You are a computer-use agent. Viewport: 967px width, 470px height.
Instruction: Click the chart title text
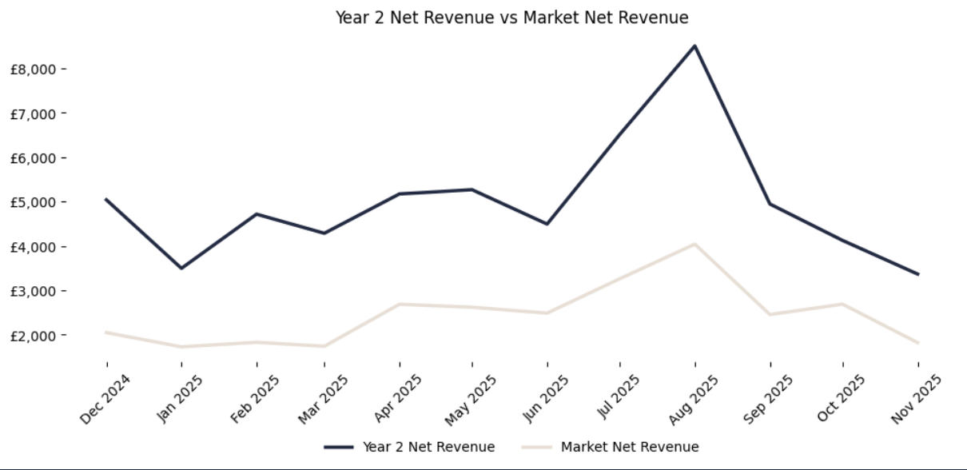[x=511, y=18]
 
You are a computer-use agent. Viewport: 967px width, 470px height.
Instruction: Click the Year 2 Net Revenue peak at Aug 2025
[x=694, y=46]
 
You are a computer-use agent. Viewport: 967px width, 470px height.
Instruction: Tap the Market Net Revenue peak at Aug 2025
[x=694, y=244]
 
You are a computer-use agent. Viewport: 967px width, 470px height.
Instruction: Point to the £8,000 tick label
[x=32, y=70]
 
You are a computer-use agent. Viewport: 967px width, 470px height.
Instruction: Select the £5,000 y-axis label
[x=32, y=202]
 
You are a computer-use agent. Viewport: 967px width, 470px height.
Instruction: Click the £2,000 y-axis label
[x=32, y=336]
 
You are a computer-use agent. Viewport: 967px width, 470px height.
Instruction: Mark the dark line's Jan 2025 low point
[x=181, y=268]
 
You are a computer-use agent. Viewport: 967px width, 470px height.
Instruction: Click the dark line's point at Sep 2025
[x=770, y=204]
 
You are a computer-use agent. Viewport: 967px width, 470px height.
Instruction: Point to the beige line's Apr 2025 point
[x=399, y=304]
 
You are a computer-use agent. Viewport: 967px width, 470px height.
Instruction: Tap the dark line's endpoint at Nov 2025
[x=918, y=274]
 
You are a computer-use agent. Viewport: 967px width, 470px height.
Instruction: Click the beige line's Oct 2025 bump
[x=843, y=304]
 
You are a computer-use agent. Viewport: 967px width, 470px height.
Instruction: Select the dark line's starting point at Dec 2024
[x=106, y=199]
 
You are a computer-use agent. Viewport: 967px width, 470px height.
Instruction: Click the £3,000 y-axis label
[x=32, y=291]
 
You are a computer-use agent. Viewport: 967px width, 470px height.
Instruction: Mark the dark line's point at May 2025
[x=472, y=189]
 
